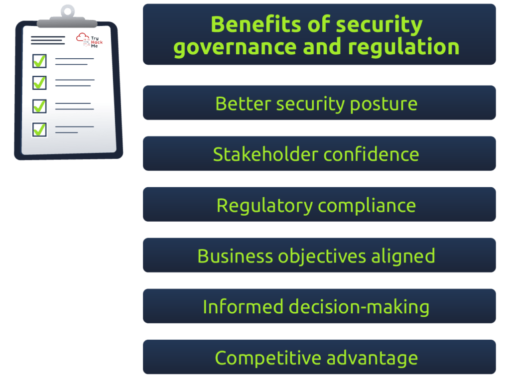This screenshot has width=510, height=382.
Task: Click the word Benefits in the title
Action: point(255,24)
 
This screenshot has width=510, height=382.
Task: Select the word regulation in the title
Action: point(403,47)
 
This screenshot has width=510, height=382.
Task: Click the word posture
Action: point(384,105)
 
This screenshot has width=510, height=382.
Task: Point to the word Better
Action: point(243,104)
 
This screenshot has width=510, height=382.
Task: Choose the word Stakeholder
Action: point(265,154)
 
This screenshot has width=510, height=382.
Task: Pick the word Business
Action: point(235,256)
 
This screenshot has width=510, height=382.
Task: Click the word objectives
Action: point(322,256)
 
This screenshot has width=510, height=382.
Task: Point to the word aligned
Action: point(403,256)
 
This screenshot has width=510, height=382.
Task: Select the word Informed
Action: point(243,307)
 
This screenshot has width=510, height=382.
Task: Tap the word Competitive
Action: point(268,358)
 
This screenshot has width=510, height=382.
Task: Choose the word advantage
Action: point(372,359)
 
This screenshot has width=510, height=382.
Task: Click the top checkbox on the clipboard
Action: point(39,61)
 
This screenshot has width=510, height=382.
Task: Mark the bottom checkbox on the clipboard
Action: point(39,129)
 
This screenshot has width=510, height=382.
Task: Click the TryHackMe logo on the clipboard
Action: point(90,40)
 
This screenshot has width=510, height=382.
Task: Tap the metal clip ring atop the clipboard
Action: point(68,11)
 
